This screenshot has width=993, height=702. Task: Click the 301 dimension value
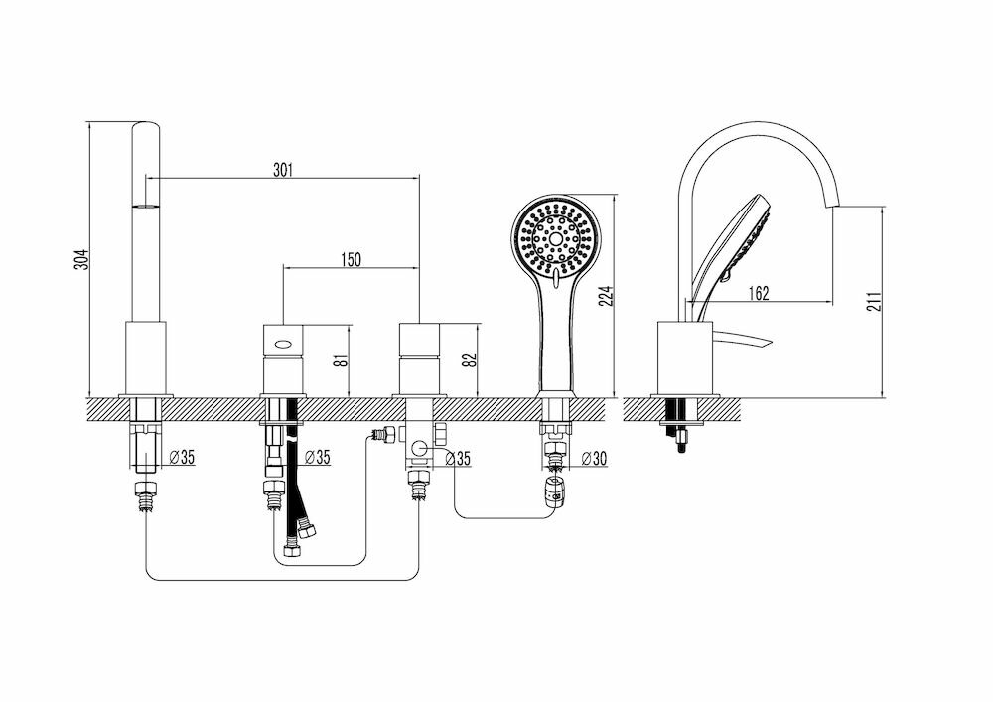283,170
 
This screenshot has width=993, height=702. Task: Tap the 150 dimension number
351,259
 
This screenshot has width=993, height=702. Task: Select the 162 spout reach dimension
758,293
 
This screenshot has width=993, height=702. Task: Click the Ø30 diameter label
593,458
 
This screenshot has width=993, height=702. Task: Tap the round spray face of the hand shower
557,239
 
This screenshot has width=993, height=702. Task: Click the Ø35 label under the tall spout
182,458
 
